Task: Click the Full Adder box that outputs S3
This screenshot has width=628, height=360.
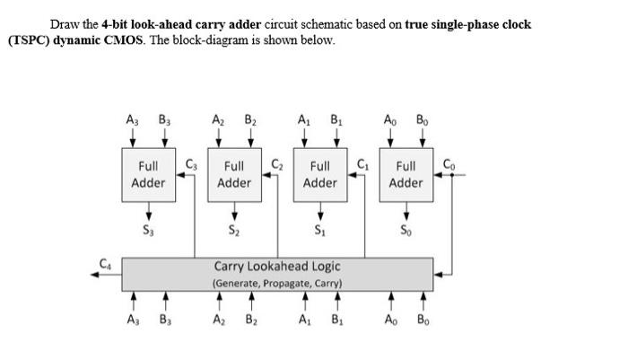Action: pyautogui.click(x=148, y=175)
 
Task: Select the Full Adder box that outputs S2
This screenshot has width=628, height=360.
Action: pyautogui.click(x=234, y=175)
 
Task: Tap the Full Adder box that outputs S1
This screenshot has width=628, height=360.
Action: pyautogui.click(x=320, y=175)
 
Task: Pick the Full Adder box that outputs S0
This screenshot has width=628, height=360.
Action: pyautogui.click(x=406, y=175)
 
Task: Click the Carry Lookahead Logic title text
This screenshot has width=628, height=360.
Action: pyautogui.click(x=277, y=267)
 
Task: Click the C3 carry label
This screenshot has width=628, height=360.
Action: pyautogui.click(x=190, y=162)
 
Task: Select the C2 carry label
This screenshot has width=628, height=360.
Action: pyautogui.click(x=276, y=162)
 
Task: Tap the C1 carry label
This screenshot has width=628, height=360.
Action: pyautogui.click(x=362, y=162)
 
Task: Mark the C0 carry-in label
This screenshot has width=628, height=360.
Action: pyautogui.click(x=449, y=162)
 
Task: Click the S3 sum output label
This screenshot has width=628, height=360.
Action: pyautogui.click(x=148, y=230)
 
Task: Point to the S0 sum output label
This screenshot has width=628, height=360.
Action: pyautogui.click(x=406, y=230)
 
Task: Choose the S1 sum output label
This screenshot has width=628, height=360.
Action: pyautogui.click(x=320, y=230)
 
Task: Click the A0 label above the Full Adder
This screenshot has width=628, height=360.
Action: pyautogui.click(x=391, y=118)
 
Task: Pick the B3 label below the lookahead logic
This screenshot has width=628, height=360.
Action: pyautogui.click(x=165, y=319)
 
